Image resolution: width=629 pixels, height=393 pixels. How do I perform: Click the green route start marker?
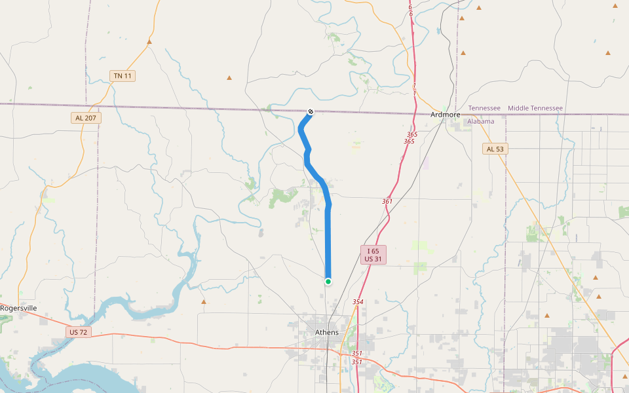(x=328, y=282)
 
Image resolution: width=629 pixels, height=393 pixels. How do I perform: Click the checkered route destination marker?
(x=311, y=111)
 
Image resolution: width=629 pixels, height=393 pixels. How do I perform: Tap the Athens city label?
(x=327, y=332)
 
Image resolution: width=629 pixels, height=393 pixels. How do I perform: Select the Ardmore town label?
(x=446, y=115)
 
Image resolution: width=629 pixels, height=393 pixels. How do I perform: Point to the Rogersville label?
(x=18, y=308)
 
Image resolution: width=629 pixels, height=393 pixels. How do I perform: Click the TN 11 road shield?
(x=123, y=76)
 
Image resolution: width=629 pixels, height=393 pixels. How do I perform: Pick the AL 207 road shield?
(x=85, y=118)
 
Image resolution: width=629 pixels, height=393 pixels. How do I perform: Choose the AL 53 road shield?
(x=496, y=149)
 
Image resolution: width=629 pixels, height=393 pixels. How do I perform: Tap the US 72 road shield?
(x=78, y=332)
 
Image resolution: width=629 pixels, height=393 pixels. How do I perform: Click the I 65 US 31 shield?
(x=373, y=255)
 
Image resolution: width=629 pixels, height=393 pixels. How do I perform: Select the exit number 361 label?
(x=387, y=201)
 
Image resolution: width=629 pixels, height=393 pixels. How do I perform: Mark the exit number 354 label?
(x=358, y=301)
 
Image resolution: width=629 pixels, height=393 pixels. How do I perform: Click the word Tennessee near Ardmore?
(x=484, y=108)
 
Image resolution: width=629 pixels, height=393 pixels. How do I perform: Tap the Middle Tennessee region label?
(x=535, y=108)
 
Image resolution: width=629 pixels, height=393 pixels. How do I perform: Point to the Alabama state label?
(x=481, y=121)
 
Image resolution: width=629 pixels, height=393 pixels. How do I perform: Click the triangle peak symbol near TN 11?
(x=149, y=42)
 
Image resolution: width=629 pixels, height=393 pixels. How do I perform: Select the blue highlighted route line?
(x=328, y=236)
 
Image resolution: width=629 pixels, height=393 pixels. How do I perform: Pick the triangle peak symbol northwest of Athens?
(x=204, y=302)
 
